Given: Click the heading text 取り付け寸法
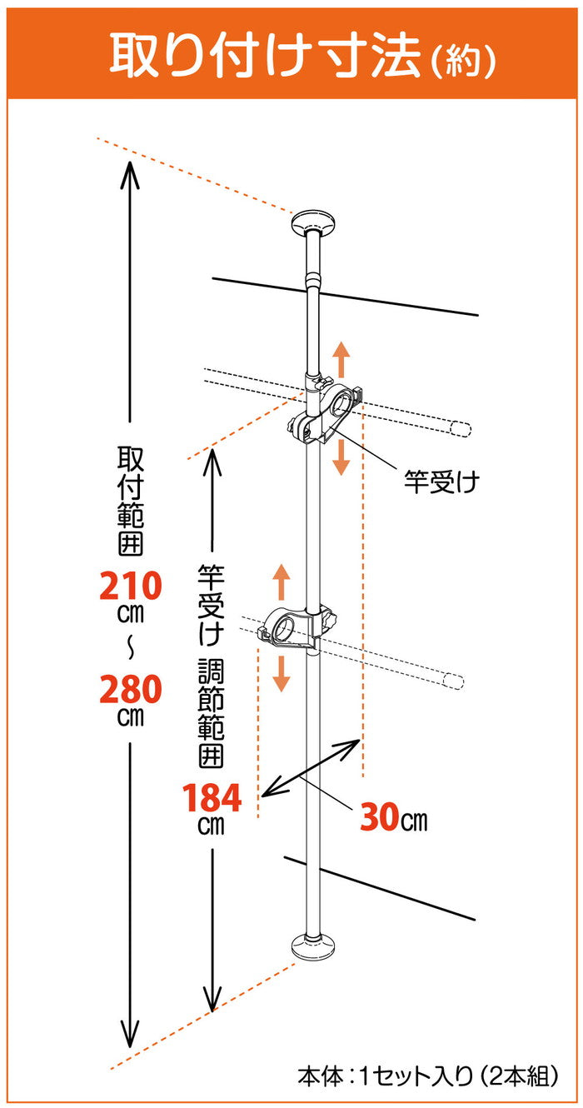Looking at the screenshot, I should (x=267, y=53).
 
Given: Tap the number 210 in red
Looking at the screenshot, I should (x=130, y=587).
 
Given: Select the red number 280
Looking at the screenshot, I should (x=130, y=690).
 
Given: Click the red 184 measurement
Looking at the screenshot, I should (x=212, y=799).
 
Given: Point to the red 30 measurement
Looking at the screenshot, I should (x=380, y=819).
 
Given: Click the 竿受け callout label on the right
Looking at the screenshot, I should (x=442, y=482).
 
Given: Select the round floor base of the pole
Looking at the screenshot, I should (x=314, y=946).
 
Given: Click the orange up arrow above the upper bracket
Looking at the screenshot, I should (x=341, y=360).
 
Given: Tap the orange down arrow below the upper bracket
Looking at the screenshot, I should (x=341, y=457).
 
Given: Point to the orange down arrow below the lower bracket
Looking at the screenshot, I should (x=282, y=674).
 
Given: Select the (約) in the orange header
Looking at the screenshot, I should (x=464, y=58).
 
